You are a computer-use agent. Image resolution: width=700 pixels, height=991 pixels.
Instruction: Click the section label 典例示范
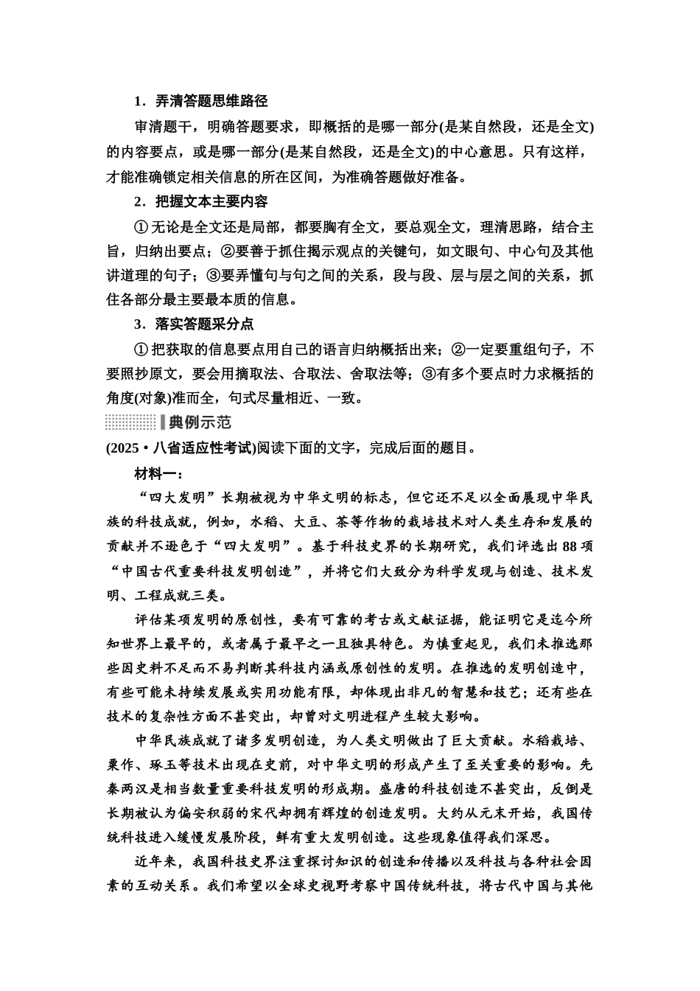200,423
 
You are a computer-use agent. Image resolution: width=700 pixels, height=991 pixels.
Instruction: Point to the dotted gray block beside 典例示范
130,423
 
